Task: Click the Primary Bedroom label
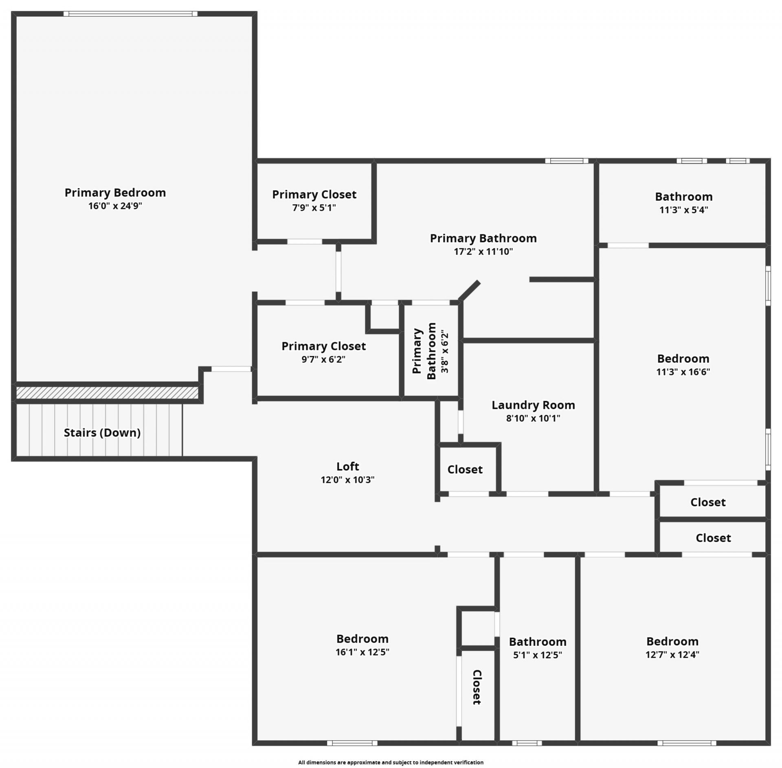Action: coord(115,193)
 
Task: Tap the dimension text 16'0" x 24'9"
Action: coord(115,206)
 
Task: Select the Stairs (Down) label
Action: coord(102,432)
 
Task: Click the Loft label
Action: coord(347,466)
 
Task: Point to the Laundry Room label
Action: coord(533,405)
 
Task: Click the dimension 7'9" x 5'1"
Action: coord(314,208)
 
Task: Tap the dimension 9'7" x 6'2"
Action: coord(323,360)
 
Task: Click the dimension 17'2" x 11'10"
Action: coord(483,252)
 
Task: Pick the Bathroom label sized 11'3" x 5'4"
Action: coord(683,197)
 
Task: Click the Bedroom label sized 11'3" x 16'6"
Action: coord(683,359)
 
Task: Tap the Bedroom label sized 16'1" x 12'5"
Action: coord(362,639)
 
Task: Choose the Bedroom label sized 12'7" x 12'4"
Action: coord(672,641)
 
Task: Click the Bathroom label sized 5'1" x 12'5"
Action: coord(538,642)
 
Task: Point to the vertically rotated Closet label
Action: coord(477,687)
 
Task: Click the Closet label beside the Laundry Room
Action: coord(465,470)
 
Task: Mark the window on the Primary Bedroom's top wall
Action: coord(130,14)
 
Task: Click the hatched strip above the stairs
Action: coord(107,393)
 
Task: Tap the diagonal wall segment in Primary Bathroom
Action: coord(470,290)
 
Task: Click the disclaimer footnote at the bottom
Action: coord(391,762)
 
